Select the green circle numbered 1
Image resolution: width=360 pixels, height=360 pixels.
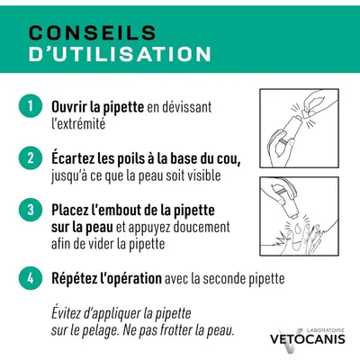coord(30,106)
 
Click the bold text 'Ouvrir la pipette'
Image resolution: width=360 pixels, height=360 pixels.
coord(97,106)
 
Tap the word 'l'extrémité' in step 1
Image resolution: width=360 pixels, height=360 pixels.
coord(79,124)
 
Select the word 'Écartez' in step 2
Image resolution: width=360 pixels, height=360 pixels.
coord(73,158)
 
